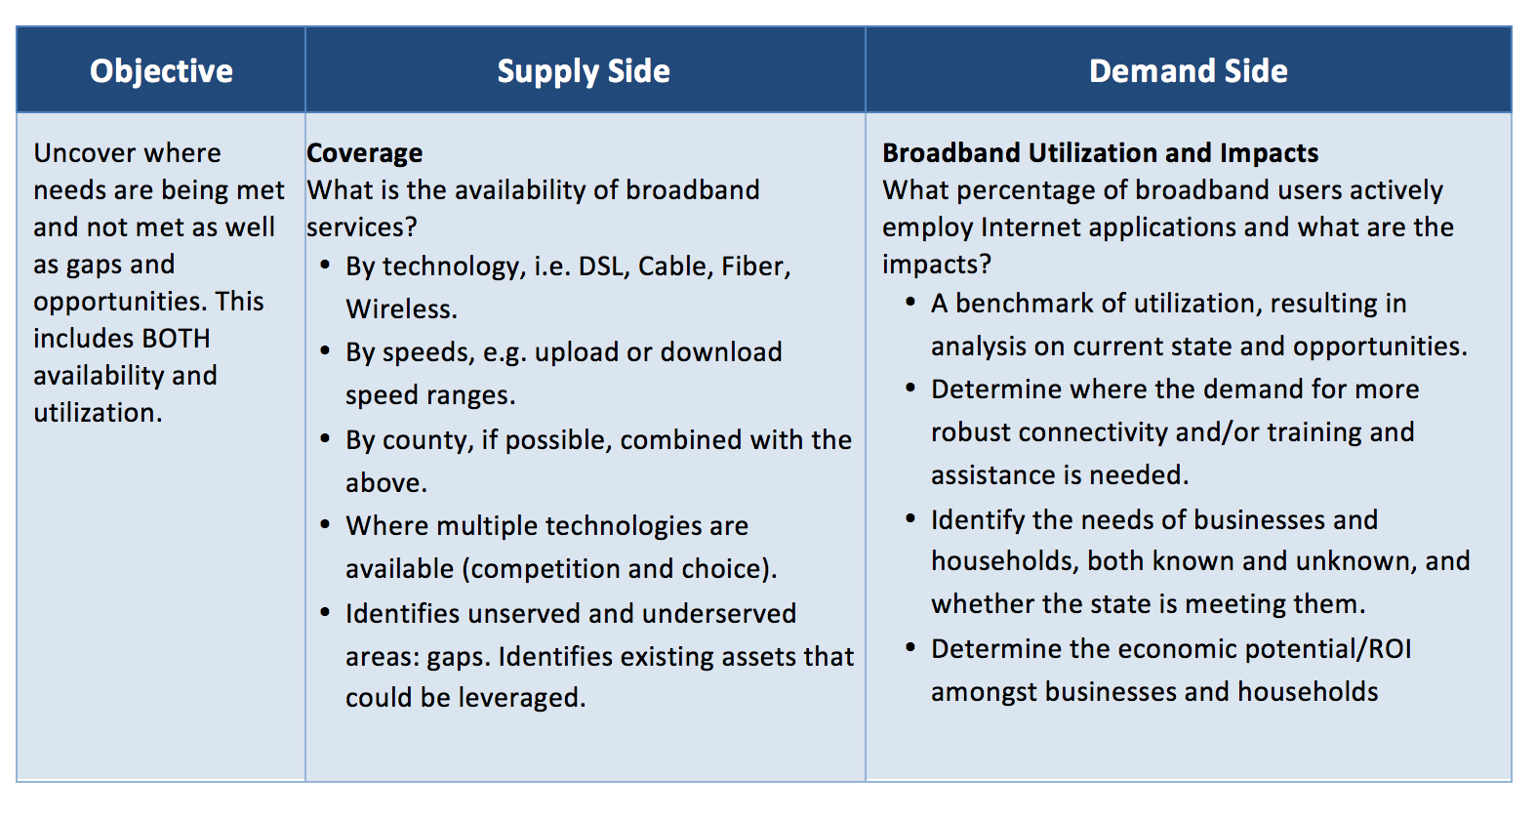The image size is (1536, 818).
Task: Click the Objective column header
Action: pyautogui.click(x=161, y=71)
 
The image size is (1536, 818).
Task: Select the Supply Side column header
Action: pyautogui.click(x=584, y=71)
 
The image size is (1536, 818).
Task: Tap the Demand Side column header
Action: pyautogui.click(x=1189, y=70)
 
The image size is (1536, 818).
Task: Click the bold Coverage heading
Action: pyautogui.click(x=364, y=153)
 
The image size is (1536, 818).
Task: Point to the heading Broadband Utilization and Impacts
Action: pyautogui.click(x=1100, y=152)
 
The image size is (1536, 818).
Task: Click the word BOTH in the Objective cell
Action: pyautogui.click(x=176, y=338)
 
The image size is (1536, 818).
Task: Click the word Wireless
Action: pyautogui.click(x=401, y=309)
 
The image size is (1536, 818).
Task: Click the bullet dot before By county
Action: pyautogui.click(x=325, y=438)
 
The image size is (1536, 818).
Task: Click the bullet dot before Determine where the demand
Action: pyautogui.click(x=910, y=389)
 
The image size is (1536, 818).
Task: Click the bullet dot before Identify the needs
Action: pyautogui.click(x=910, y=518)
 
